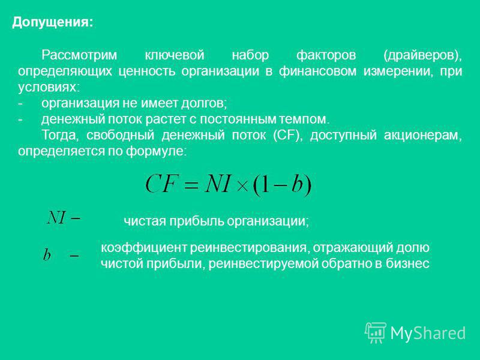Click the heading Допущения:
click(52, 23)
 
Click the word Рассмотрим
click(79, 55)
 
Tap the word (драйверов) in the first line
click(422, 55)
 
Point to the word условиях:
click(49, 88)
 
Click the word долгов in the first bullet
click(204, 103)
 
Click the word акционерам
click(423, 136)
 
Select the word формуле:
click(156, 151)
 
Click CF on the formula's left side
click(161, 184)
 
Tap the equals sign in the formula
click(190, 185)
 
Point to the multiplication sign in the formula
click(243, 186)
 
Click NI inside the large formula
click(217, 184)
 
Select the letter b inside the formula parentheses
click(296, 184)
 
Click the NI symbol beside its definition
click(56, 218)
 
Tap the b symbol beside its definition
click(47, 254)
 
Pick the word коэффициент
click(143, 247)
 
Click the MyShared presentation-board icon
click(375, 332)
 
